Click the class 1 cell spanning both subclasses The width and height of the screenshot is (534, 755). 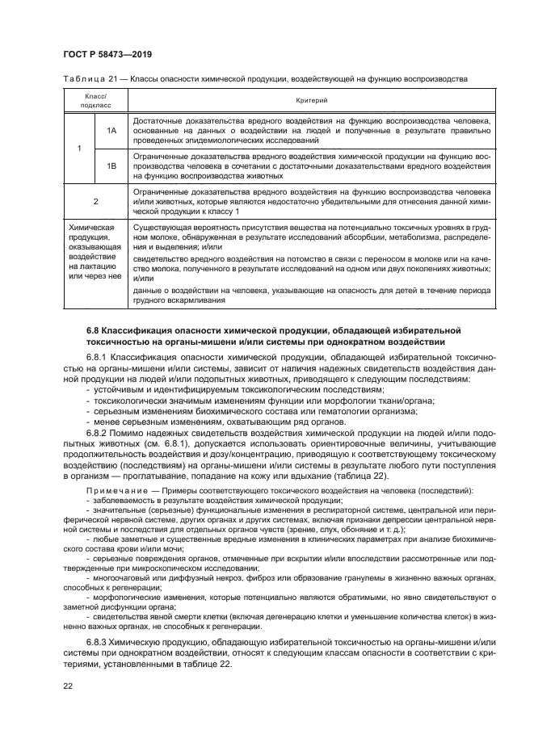click(x=78, y=148)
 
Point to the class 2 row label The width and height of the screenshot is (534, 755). click(x=95, y=201)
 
